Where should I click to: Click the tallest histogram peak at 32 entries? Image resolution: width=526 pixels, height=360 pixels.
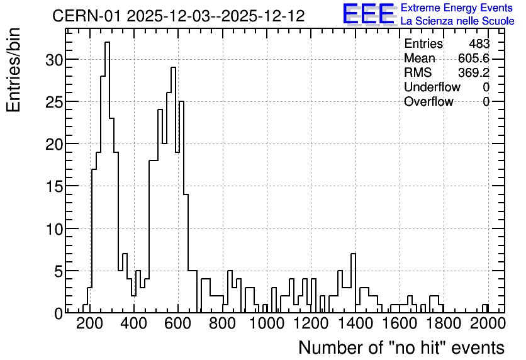pos(107,42)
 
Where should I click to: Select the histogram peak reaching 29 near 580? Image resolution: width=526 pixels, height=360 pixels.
pos(173,68)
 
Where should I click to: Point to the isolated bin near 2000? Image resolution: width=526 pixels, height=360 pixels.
pos(485,305)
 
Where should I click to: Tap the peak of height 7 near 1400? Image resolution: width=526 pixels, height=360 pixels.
pos(353,254)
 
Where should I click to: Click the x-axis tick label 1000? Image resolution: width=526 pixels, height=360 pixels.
pos(267,323)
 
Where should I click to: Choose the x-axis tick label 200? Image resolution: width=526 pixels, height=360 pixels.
pos(89,323)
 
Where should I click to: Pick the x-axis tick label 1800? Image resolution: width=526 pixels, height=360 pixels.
pos(444,323)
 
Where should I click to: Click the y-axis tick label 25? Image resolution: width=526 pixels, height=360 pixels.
pos(53,101)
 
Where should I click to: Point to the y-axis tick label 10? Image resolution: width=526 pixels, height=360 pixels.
pos(53,228)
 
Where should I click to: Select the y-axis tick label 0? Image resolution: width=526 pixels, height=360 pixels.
pos(58,313)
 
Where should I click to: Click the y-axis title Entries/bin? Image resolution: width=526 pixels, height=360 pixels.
pos(13,70)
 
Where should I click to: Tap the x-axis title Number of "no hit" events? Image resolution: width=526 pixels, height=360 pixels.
pos(401,347)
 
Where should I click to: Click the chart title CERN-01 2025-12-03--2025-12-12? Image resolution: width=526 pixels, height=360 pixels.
pos(179,16)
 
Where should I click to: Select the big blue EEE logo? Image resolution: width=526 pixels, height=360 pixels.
pos(369,14)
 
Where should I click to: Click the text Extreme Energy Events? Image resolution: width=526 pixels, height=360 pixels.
pos(457,8)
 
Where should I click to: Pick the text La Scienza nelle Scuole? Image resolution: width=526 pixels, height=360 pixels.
pos(457,21)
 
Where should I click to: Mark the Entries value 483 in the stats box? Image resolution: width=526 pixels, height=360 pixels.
pos(479,43)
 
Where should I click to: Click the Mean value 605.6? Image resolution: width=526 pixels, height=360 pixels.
pos(474,58)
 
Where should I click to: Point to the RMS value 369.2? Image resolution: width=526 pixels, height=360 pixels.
pos(474,72)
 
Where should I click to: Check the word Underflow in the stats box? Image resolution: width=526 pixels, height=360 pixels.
pos(432,87)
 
